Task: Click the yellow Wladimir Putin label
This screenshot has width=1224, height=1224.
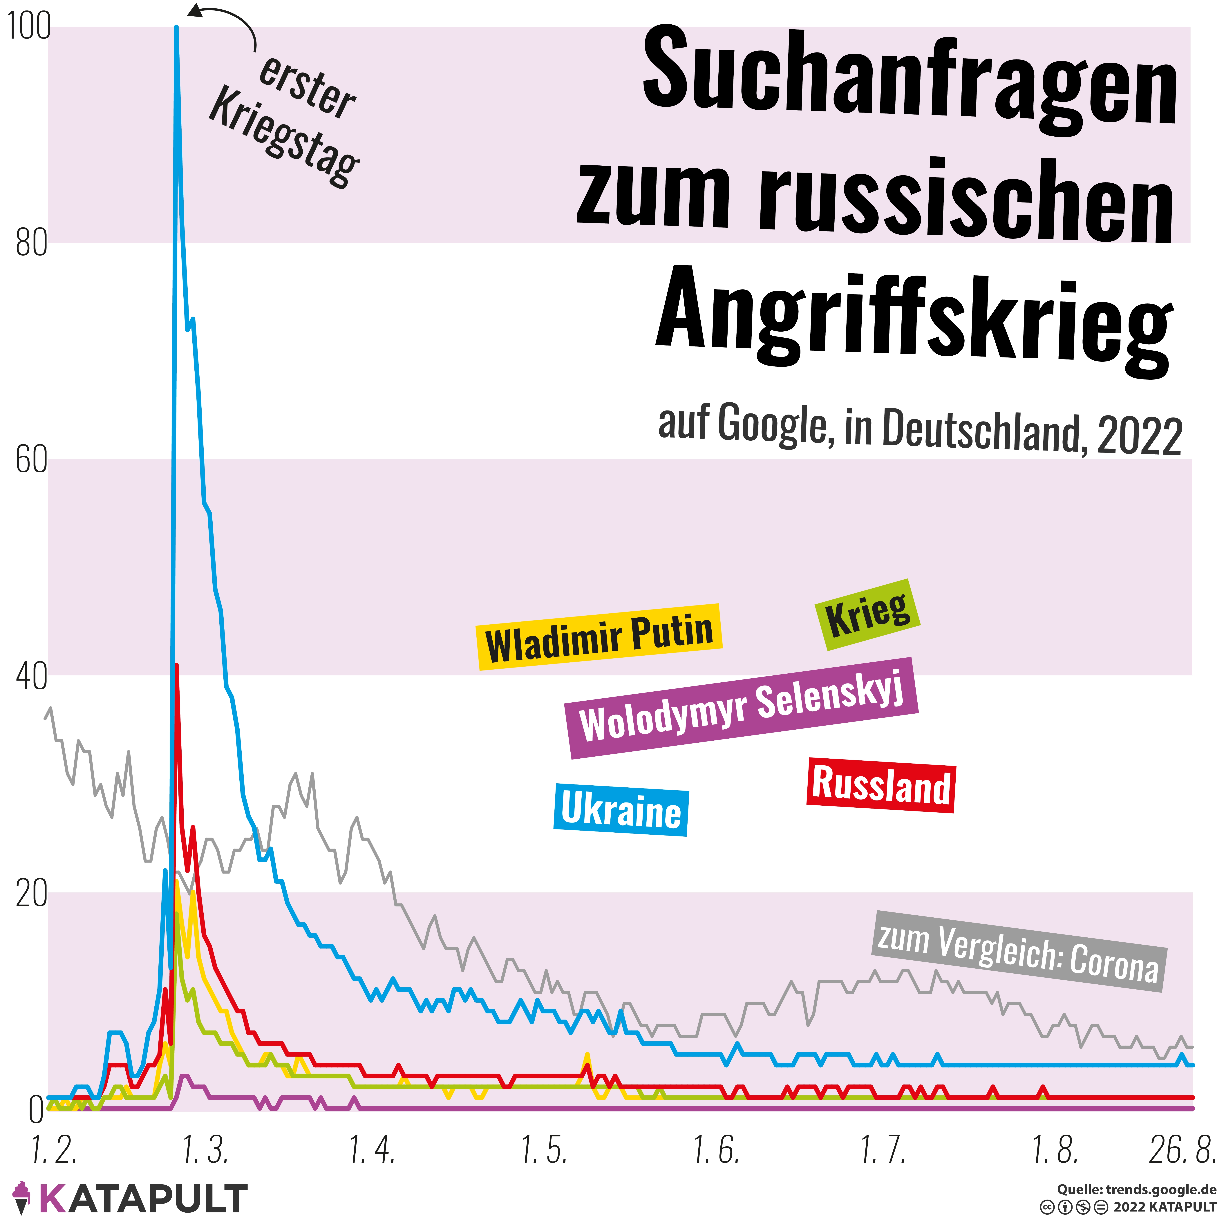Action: pyautogui.click(x=599, y=637)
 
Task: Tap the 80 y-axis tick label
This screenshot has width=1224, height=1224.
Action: pyautogui.click(x=32, y=243)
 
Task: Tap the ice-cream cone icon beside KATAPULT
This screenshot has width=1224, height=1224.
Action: pyautogui.click(x=22, y=1197)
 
